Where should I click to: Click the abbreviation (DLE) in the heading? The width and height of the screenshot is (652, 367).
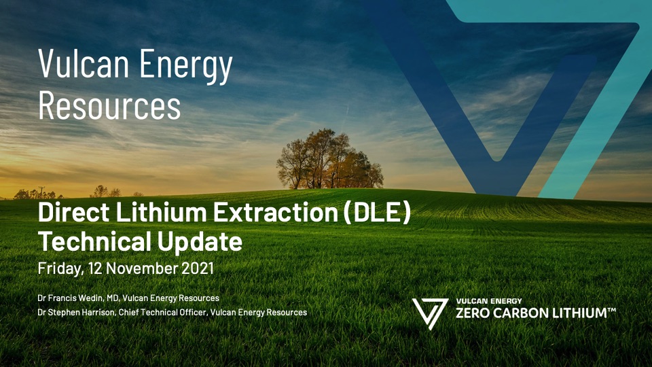pyautogui.click(x=377, y=213)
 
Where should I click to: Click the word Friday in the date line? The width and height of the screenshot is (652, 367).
pyautogui.click(x=59, y=268)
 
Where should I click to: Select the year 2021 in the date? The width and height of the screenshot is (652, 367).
pyautogui.click(x=198, y=268)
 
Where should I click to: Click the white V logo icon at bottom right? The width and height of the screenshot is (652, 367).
pyautogui.click(x=429, y=313)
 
